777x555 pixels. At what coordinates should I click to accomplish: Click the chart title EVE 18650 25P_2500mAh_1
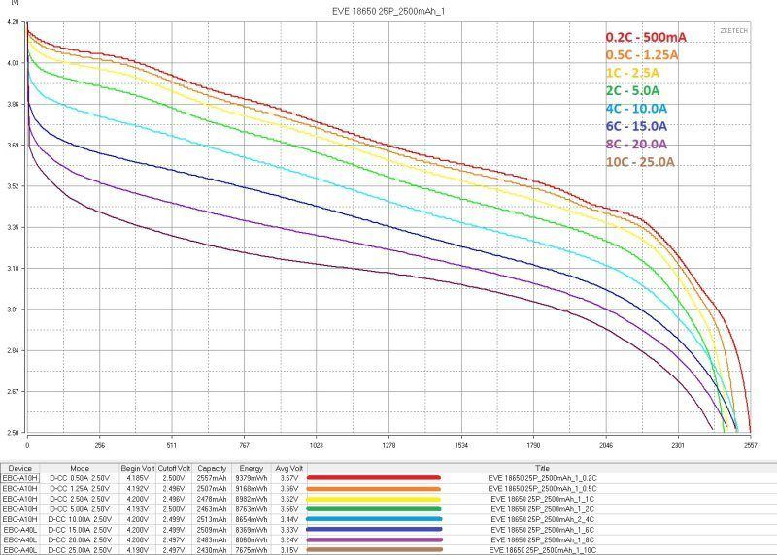pyautogui.click(x=388, y=11)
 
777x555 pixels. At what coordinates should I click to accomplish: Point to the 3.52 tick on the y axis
pyautogui.click(x=13, y=186)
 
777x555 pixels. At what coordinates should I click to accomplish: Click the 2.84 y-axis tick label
pyautogui.click(x=13, y=350)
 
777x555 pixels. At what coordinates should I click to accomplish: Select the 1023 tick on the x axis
pyautogui.click(x=316, y=447)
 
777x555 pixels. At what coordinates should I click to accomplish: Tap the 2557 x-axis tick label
pyautogui.click(x=750, y=447)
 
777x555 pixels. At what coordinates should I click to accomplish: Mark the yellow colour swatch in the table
pyautogui.click(x=374, y=499)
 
